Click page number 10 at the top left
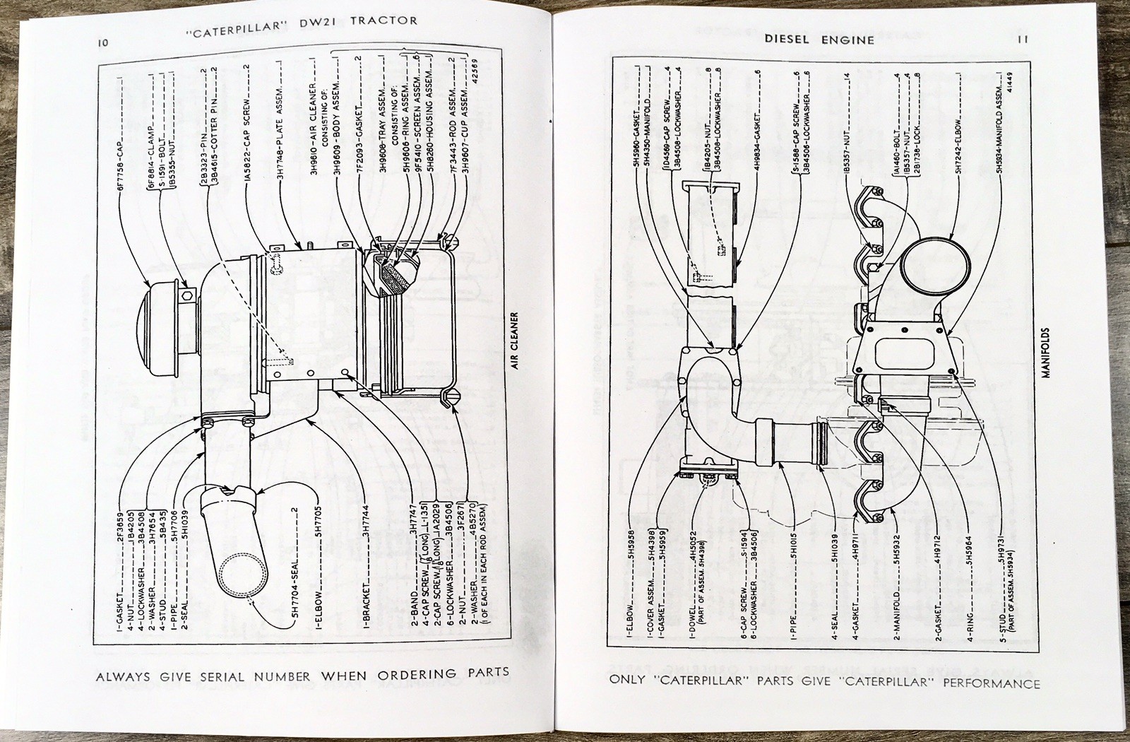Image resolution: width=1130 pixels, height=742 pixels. tap(103, 42)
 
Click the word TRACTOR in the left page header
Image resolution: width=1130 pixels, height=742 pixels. tap(383, 20)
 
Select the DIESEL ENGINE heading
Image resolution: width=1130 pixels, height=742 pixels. tap(819, 40)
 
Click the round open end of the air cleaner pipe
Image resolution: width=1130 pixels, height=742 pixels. tap(243, 581)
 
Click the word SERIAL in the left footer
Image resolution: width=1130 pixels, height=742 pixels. tap(223, 676)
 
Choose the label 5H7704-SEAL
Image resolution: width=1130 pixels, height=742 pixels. tap(295, 565)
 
